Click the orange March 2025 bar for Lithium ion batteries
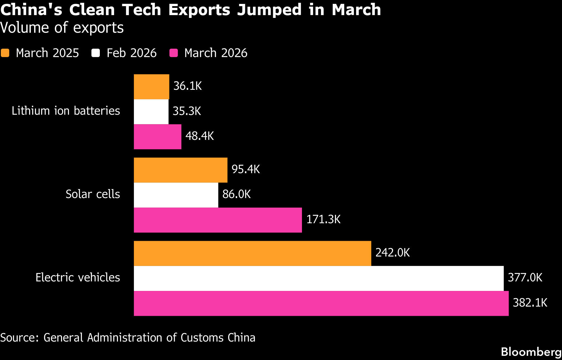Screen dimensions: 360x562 [x=152, y=87]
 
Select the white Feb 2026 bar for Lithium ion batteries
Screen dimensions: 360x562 [x=151, y=112]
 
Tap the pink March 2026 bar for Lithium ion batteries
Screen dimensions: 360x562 [x=157, y=137]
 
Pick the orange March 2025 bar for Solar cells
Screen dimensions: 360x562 [x=181, y=170]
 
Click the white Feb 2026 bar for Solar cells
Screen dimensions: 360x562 [x=176, y=195]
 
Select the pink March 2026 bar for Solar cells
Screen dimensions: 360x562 [x=218, y=220]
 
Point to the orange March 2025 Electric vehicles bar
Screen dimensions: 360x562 [x=252, y=253]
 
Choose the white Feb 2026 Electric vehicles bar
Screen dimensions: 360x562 [x=319, y=278]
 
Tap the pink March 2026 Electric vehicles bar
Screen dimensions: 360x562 [x=321, y=303]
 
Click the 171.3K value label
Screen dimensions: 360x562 [x=323, y=219]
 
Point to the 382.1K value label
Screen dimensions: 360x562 [x=530, y=303]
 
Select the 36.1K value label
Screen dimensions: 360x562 [x=187, y=86]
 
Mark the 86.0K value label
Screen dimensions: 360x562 [x=237, y=194]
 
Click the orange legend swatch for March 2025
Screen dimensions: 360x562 [x=5, y=53]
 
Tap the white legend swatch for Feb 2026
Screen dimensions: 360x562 [x=96, y=53]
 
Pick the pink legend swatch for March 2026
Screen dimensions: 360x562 [x=174, y=53]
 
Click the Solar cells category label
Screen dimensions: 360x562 [x=93, y=194]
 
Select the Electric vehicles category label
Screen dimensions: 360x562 [x=78, y=277]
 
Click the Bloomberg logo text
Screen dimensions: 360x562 [x=531, y=352]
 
